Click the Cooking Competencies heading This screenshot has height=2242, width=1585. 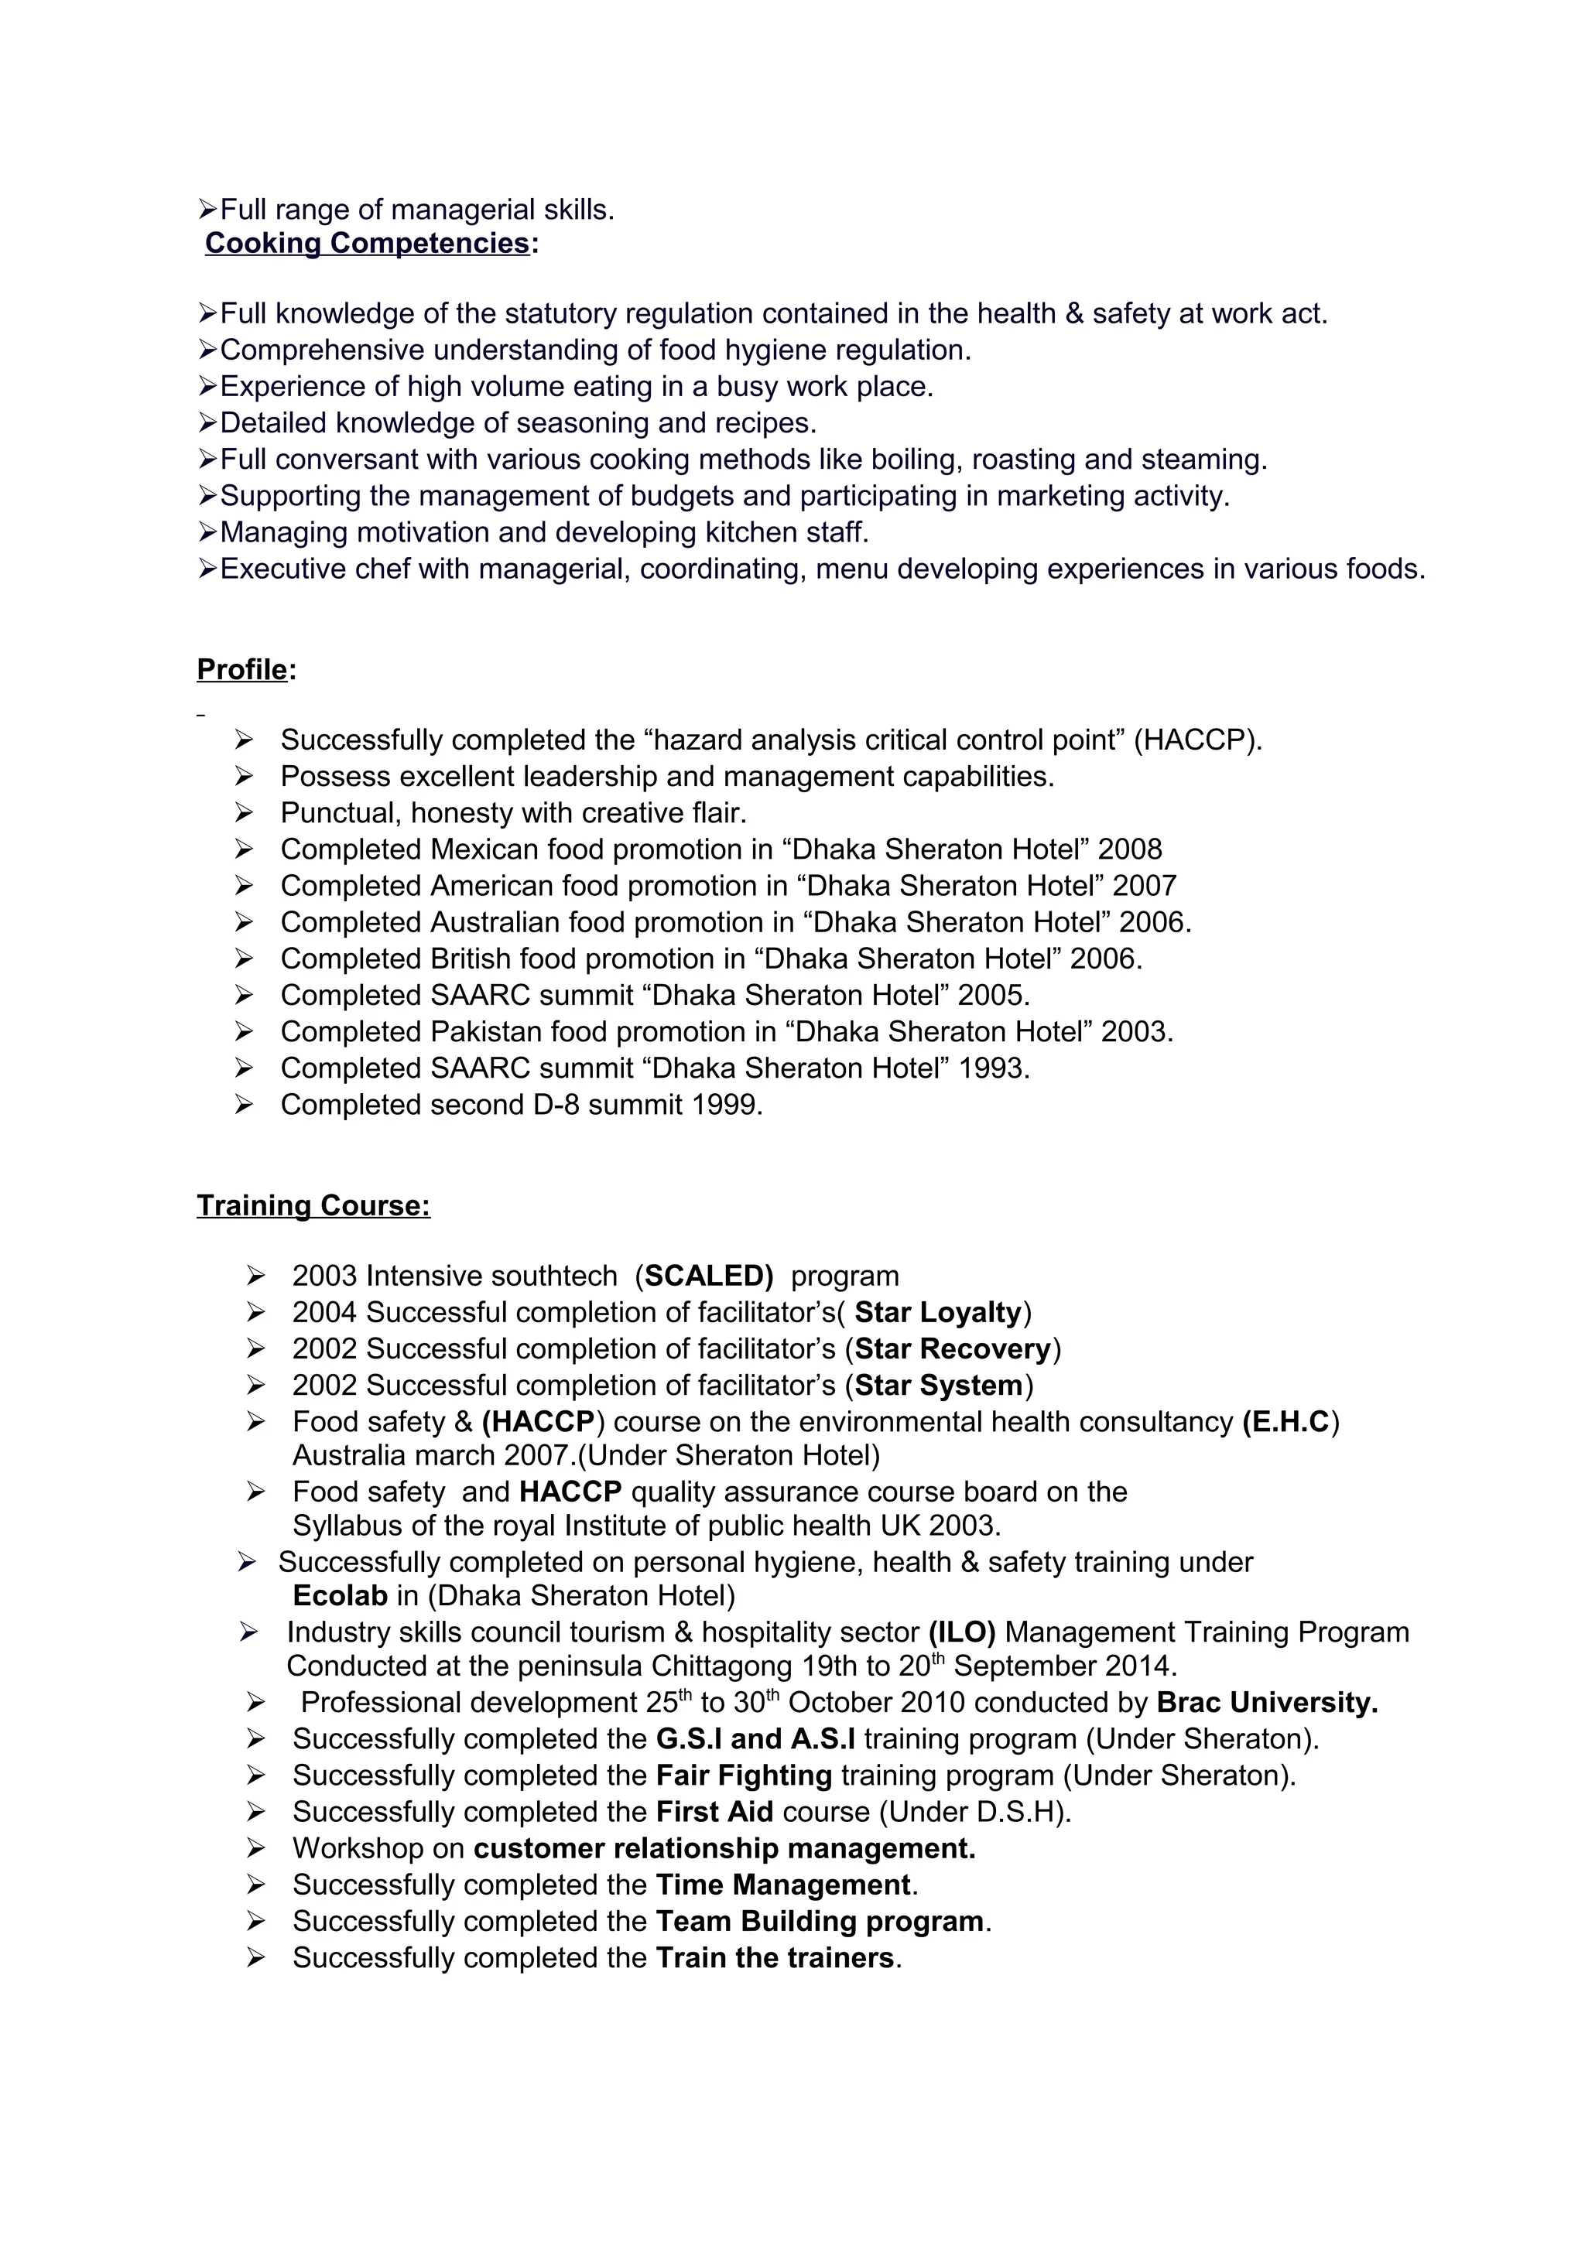coord(367,243)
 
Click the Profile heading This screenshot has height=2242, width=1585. coord(242,670)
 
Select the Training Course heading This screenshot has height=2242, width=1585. coord(313,1206)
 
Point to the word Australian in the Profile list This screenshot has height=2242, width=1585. coord(495,923)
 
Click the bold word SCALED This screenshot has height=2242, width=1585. coord(708,1277)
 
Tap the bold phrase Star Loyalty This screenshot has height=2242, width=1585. coord(937,1312)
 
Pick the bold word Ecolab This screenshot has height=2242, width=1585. coord(340,1595)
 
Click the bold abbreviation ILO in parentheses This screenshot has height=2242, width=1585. coord(962,1632)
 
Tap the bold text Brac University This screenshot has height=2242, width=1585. coord(1267,1703)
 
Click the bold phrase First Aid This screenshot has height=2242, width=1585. coord(714,1813)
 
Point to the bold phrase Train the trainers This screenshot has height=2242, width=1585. coord(775,1958)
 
